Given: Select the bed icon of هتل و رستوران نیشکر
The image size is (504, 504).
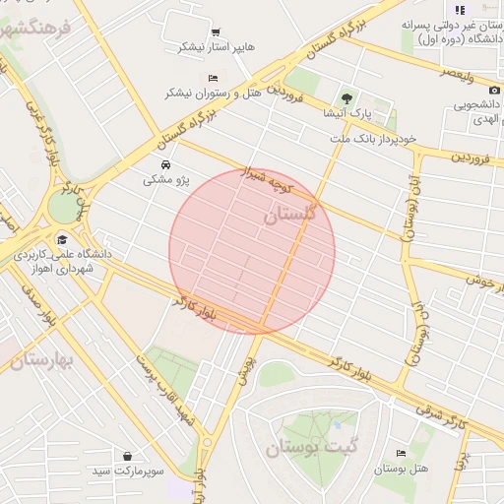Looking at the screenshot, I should point(213,78).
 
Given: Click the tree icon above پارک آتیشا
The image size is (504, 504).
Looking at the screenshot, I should point(346,97).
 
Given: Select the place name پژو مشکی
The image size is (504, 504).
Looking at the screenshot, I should point(165,180).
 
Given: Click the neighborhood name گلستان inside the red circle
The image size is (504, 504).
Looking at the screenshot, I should point(291,214).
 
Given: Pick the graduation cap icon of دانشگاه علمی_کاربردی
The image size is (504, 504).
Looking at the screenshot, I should point(62,239).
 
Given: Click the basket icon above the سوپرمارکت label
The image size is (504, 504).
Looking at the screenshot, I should point(128,456).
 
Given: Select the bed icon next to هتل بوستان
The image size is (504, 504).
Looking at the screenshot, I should point(400,453).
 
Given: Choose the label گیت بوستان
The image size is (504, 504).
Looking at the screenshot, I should point(308,450).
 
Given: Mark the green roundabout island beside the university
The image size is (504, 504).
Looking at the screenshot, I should point(62,209).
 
